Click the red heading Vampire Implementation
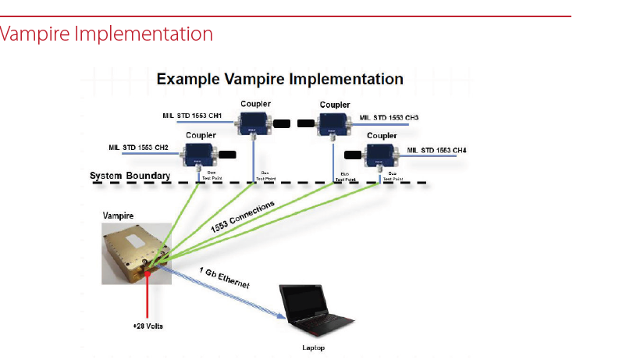point(107,34)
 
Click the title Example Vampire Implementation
point(279,79)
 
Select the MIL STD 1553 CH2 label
point(139,147)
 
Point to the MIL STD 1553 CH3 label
point(389,118)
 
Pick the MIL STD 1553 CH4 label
point(437,149)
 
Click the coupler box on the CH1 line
point(254,123)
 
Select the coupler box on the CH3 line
point(336,123)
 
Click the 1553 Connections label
point(243,217)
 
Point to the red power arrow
point(146,294)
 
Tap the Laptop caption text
point(313,348)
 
